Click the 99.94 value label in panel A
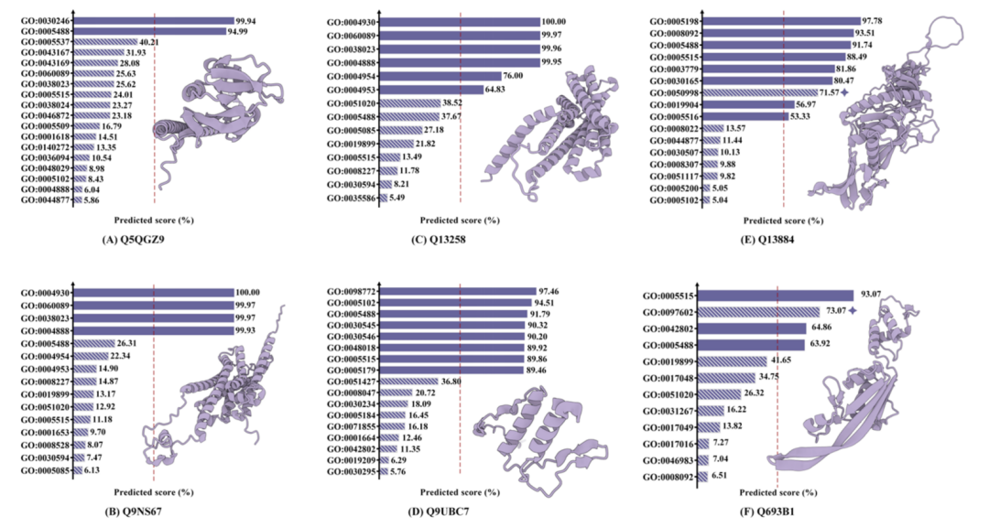point(247,19)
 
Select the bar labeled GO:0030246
point(152,19)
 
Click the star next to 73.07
point(853,311)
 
